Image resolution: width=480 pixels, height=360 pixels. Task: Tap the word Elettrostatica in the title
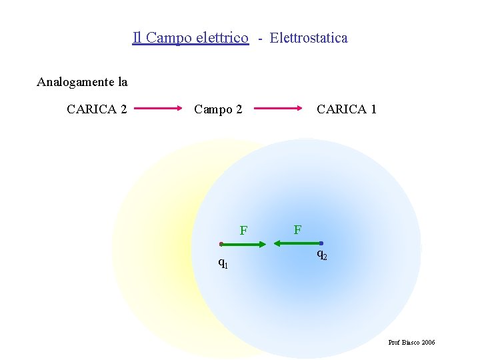[x=309, y=38]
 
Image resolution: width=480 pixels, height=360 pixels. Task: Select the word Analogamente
[x=75, y=83]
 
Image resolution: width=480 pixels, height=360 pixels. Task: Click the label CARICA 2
[x=97, y=109]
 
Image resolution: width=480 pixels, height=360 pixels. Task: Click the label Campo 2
[x=218, y=109]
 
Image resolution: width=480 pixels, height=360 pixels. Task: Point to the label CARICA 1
[x=347, y=109]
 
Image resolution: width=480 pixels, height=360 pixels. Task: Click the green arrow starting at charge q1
[x=244, y=245]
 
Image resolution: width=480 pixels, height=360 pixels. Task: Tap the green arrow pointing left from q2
[x=297, y=244]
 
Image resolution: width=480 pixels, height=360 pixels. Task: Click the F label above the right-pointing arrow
[x=244, y=231]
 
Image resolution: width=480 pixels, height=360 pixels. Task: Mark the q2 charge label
[x=321, y=254]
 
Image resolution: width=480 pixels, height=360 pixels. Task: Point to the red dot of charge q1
[x=221, y=244]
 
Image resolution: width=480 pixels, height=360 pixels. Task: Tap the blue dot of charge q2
[x=321, y=243]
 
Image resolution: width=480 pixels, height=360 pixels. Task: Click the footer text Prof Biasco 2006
[x=411, y=342]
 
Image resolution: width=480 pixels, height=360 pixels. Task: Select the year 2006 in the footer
[x=428, y=342]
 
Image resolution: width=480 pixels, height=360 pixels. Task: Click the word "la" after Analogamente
[x=122, y=83]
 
